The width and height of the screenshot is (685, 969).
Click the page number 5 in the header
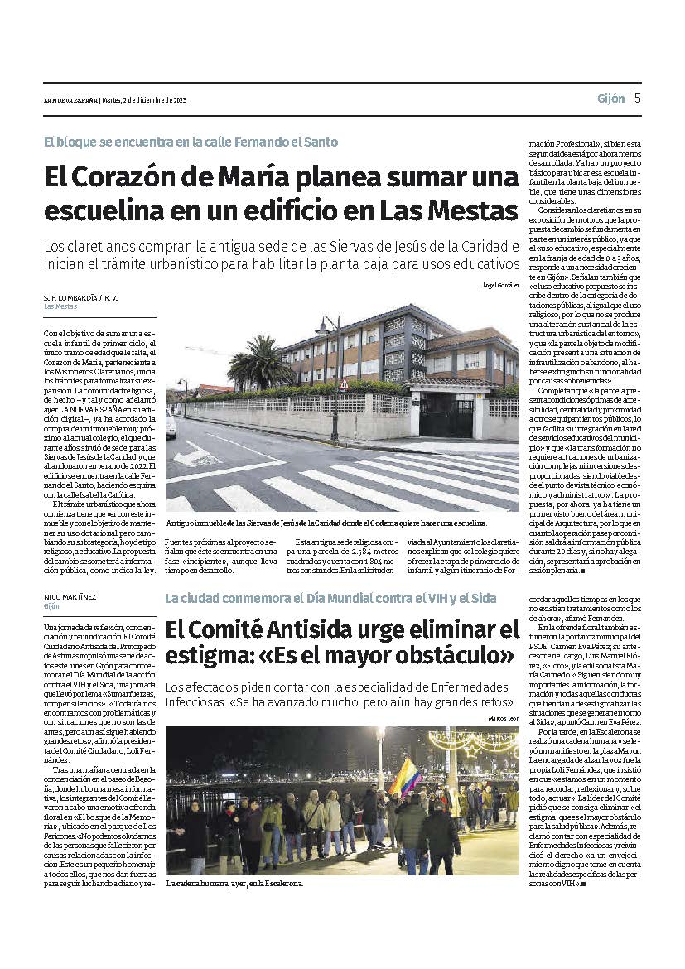pyautogui.click(x=638, y=98)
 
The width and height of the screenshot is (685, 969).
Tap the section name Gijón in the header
pyautogui.click(x=610, y=99)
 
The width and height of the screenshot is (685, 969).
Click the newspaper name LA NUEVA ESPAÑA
pyautogui.click(x=70, y=100)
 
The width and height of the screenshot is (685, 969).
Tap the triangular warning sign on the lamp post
pyautogui.click(x=343, y=384)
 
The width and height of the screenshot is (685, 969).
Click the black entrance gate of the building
pyautogui.click(x=446, y=415)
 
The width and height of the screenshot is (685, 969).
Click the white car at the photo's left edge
pyautogui.click(x=171, y=424)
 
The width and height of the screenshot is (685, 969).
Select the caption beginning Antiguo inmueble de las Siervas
pyautogui.click(x=326, y=523)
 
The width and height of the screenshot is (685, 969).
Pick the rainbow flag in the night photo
pyautogui.click(x=406, y=779)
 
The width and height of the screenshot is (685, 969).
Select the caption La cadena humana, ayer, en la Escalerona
pyautogui.click(x=234, y=884)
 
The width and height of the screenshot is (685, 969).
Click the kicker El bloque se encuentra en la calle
pyautogui.click(x=191, y=142)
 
